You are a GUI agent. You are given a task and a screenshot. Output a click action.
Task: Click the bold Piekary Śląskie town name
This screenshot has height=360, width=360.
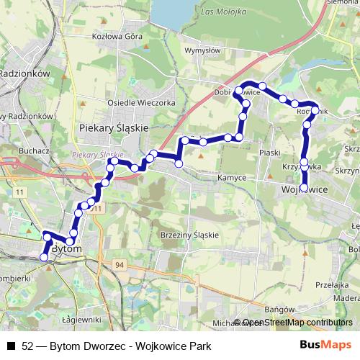point(112,127)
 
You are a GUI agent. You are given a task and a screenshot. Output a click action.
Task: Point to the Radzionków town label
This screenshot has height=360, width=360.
point(24,73)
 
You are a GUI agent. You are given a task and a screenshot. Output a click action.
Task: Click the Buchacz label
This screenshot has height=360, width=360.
point(35,151)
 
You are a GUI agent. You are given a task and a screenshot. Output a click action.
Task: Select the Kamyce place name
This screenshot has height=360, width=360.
point(231,177)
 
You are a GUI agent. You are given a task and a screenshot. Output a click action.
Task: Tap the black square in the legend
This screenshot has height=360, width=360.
point(10,346)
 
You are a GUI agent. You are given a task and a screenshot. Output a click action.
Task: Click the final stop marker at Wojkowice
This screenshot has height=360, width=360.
point(304,188)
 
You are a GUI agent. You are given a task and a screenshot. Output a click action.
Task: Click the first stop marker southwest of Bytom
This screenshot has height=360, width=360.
point(43,257)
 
